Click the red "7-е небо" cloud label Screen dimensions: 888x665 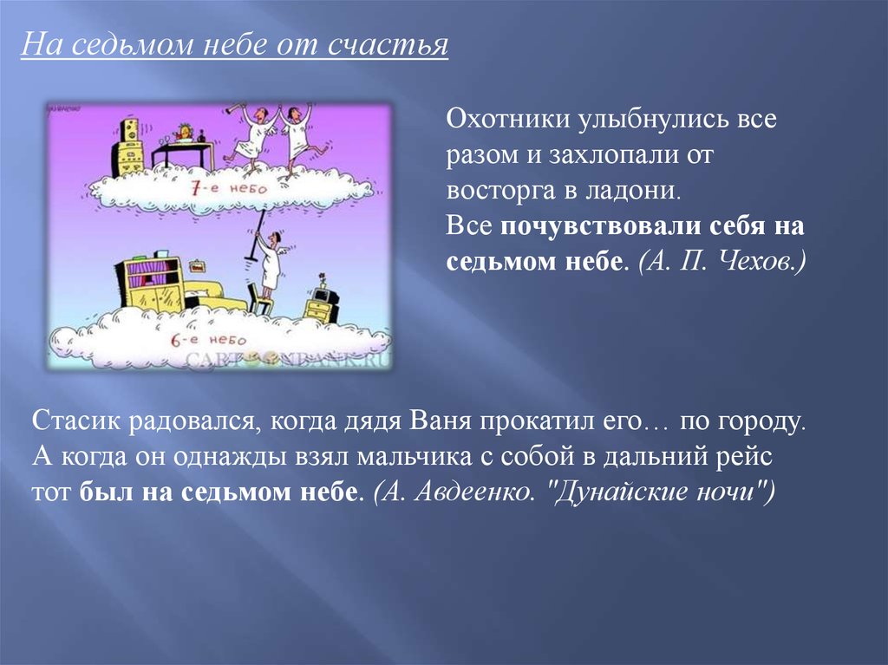coord(228,188)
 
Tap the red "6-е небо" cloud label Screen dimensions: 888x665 coord(208,339)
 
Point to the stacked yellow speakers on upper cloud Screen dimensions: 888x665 coord(128,147)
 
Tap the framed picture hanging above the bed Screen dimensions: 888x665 coord(197,266)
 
